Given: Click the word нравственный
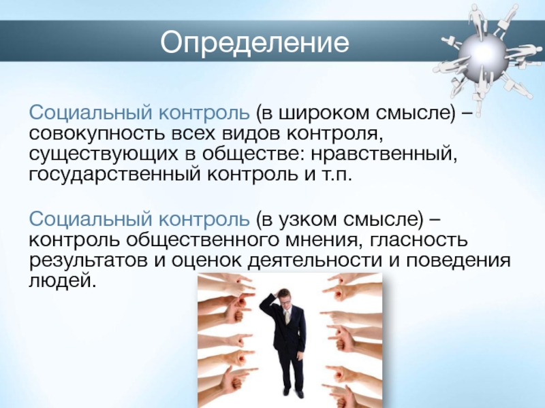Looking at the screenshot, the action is click(x=384, y=154).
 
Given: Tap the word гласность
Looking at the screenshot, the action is click(x=419, y=241).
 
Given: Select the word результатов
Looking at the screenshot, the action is click(x=89, y=261).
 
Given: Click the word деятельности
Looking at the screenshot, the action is click(x=314, y=260).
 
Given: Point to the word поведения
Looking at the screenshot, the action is click(x=458, y=261).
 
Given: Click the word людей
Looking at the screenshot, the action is click(x=62, y=280).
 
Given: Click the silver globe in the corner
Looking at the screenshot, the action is click(x=482, y=54).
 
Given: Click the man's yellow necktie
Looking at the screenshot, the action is click(x=287, y=317).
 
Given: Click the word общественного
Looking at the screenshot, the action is click(x=202, y=241).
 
